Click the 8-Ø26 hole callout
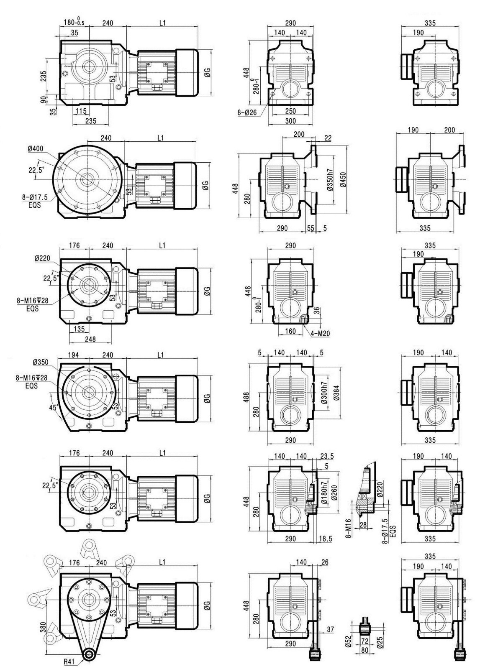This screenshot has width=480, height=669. [x=247, y=112]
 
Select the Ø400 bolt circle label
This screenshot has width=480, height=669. [x=36, y=149]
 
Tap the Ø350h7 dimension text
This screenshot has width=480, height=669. [x=330, y=180]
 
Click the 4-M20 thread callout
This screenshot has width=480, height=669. [x=320, y=333]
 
